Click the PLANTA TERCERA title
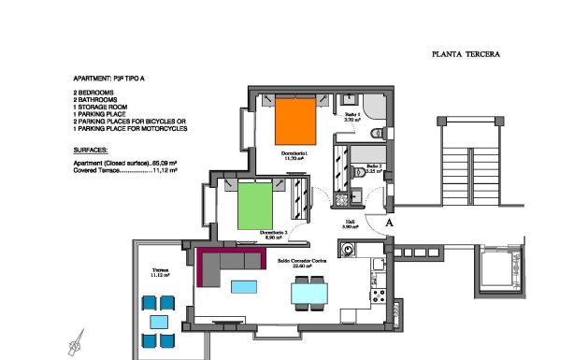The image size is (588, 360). click(466, 54)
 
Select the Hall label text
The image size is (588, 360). click(351, 223)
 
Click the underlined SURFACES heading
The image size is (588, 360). click(90, 150)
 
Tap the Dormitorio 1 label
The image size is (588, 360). click(294, 155)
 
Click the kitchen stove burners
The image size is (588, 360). click(379, 295)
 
